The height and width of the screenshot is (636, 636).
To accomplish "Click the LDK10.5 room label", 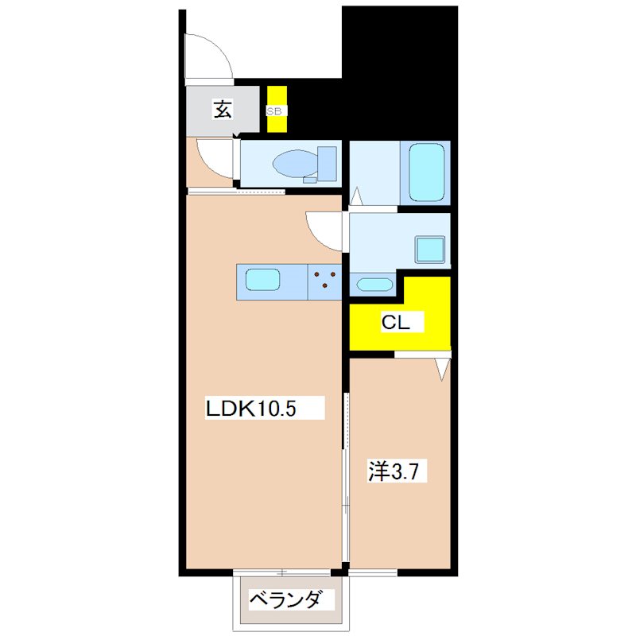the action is [251, 409].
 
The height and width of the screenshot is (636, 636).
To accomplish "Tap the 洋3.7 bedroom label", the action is [393, 471].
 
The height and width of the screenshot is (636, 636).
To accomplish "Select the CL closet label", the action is [395, 322].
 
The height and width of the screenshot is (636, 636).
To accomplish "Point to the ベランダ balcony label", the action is [286, 599].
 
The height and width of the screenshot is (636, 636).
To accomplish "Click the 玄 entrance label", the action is [223, 109].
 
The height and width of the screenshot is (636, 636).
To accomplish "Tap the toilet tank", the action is [327, 164].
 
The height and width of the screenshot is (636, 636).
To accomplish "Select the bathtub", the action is [426, 173].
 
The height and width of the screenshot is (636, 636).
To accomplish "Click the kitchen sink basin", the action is [263, 280].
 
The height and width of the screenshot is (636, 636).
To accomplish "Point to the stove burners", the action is [325, 279].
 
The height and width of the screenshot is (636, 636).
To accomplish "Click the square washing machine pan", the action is [430, 250].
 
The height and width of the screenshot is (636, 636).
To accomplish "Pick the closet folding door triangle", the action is [443, 369].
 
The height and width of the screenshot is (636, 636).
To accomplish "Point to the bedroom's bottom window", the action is [373, 572].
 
